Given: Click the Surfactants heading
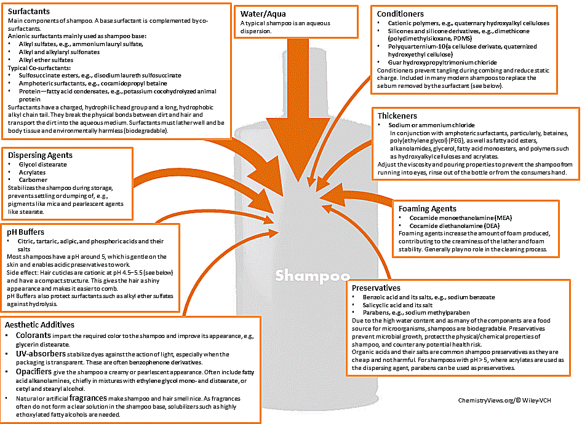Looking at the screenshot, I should click(x=29, y=12).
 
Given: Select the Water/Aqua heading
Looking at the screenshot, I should click(x=263, y=14).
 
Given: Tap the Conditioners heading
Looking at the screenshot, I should click(x=401, y=14).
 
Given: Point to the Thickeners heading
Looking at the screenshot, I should click(x=398, y=116).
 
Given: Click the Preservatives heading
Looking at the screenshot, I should click(x=377, y=288).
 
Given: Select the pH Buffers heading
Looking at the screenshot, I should click(x=25, y=232).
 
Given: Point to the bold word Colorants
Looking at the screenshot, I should click(x=33, y=336).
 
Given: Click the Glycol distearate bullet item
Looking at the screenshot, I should click(x=43, y=165).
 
